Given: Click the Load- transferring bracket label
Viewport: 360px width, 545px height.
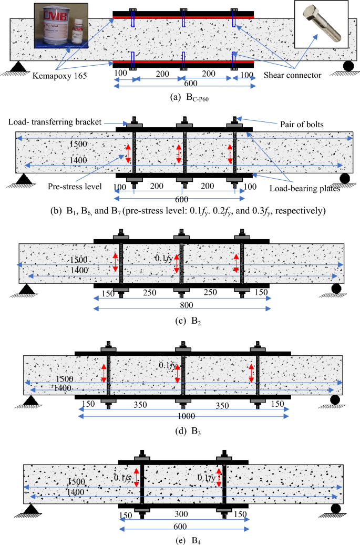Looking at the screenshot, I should [x=54, y=122].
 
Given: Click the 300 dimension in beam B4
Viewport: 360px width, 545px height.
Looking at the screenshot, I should [x=182, y=516].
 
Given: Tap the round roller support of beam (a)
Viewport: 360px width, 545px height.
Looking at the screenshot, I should [x=347, y=66].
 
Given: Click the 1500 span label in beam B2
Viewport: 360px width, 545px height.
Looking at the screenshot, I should [x=78, y=259].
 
